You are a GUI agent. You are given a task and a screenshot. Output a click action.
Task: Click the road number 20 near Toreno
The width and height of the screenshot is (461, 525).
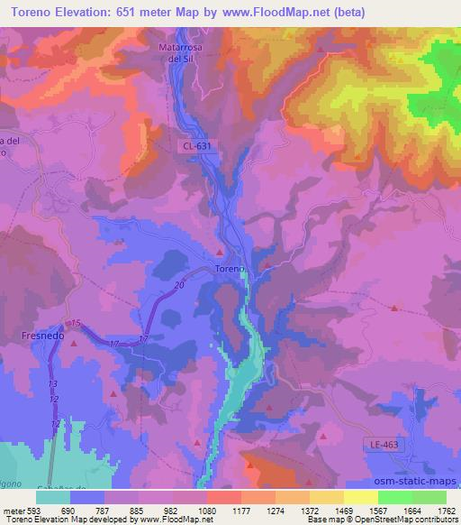180,285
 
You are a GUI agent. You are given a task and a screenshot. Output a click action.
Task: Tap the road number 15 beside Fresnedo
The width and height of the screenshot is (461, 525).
77,323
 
